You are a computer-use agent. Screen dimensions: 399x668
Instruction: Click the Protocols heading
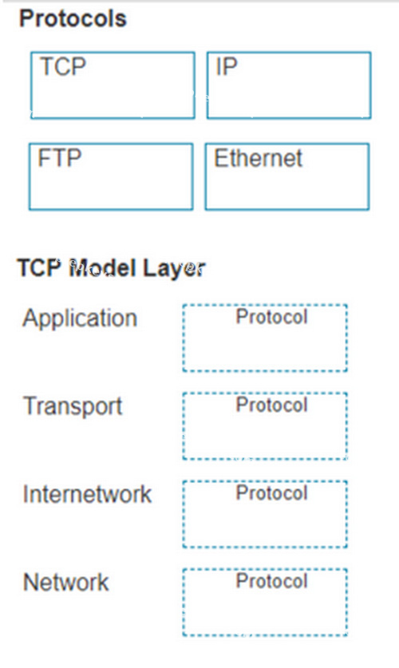pos(73,19)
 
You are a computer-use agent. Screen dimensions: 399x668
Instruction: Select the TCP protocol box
pos(113,85)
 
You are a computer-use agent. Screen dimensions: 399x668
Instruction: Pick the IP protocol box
pos(289,85)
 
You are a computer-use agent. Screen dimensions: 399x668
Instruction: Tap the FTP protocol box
pos(111,176)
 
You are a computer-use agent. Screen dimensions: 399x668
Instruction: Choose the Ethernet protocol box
pos(287,176)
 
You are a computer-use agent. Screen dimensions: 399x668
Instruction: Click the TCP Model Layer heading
pos(111,268)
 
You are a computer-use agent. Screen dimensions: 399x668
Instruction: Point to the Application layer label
pos(80,318)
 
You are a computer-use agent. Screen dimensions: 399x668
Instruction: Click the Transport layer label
pos(73,406)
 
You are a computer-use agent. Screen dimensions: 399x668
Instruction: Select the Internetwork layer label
pos(87,494)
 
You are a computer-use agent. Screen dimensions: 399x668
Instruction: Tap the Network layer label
pos(66,582)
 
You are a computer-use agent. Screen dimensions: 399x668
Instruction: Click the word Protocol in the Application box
pos(271,317)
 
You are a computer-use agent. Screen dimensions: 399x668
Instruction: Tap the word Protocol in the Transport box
pos(271,405)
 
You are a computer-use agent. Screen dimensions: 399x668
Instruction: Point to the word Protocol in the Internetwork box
pos(271,493)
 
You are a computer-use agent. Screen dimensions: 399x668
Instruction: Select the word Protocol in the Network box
pos(271,581)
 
